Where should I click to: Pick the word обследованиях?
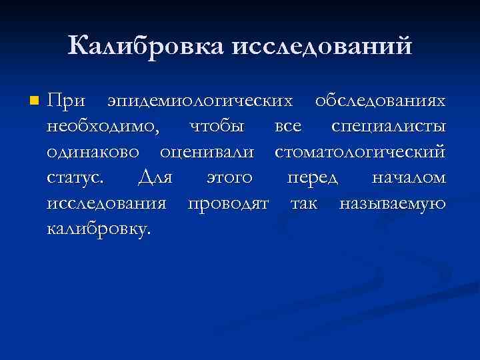point(380,101)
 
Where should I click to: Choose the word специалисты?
point(389,127)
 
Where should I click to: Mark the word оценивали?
point(207,152)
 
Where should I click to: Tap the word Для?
point(155,178)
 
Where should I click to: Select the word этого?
point(229,178)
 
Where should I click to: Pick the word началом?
point(409,178)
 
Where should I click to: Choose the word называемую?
point(393,203)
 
